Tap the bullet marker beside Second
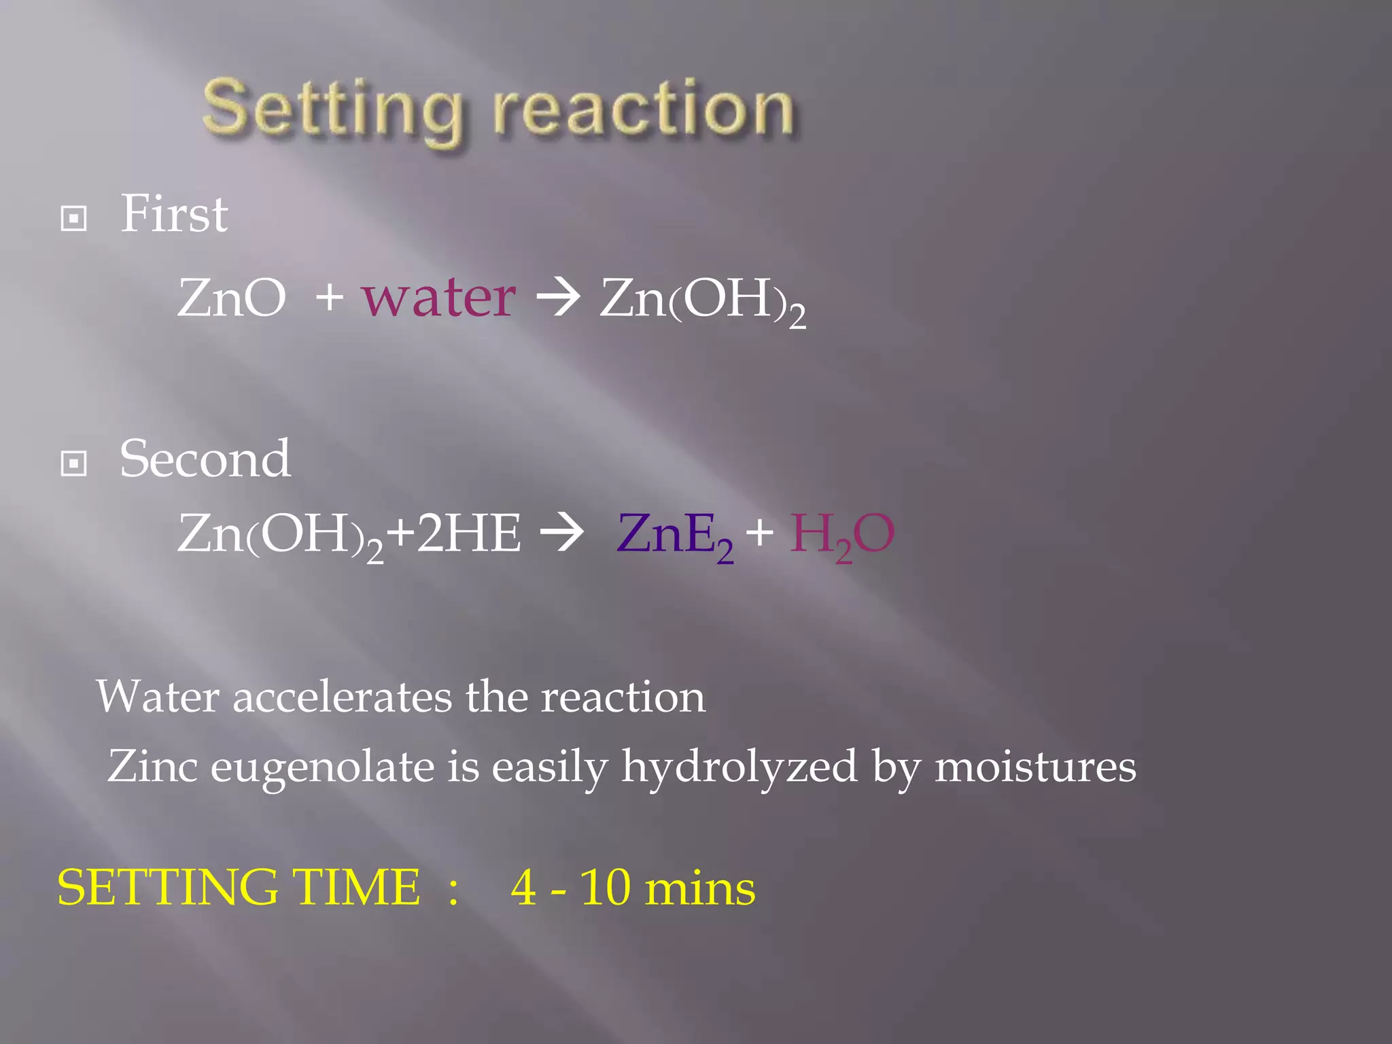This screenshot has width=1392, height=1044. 73,464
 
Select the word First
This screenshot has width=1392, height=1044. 174,214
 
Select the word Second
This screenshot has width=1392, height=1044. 205,459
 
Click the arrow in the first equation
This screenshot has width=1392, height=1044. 558,298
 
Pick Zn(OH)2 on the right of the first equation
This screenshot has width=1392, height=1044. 702,300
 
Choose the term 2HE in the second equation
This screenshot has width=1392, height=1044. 469,534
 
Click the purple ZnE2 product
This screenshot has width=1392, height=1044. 675,536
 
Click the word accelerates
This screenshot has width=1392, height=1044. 342,697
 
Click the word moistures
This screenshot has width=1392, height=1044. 1035,767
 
